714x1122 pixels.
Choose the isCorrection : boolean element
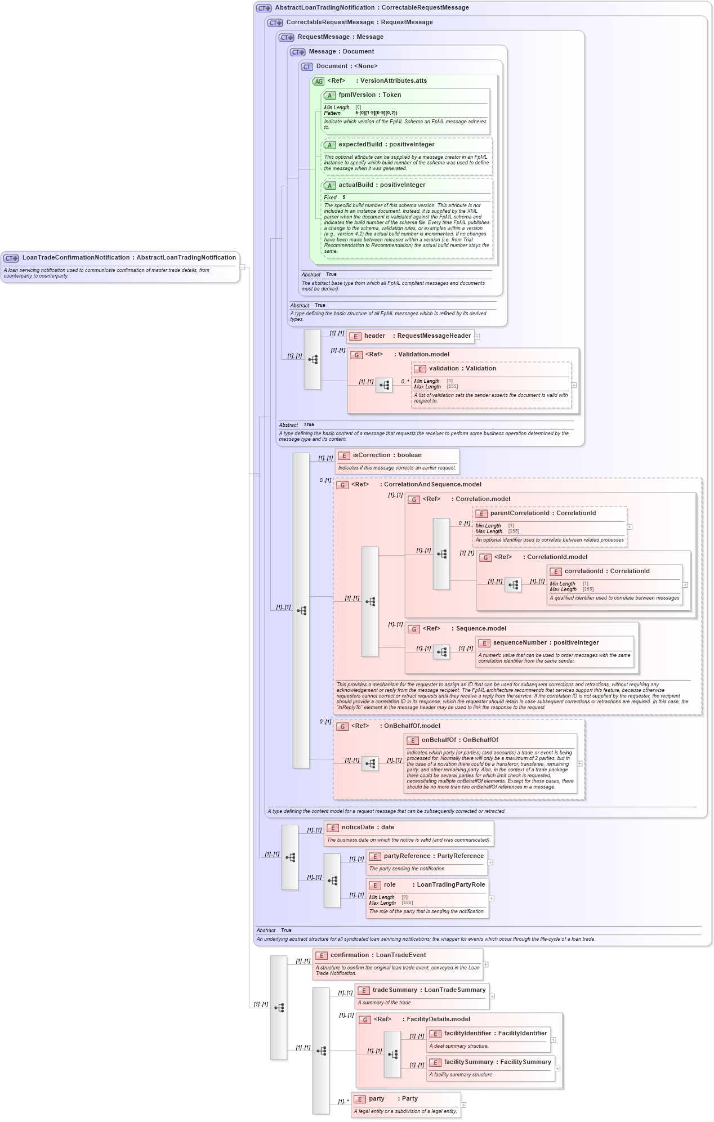pyautogui.click(x=387, y=455)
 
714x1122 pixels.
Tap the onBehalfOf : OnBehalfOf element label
pyautogui.click(x=459, y=740)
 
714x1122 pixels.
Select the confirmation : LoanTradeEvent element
pyautogui.click(x=378, y=955)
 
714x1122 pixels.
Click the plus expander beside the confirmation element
pyautogui.click(x=486, y=964)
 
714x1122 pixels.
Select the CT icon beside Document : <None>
pyautogui.click(x=307, y=67)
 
